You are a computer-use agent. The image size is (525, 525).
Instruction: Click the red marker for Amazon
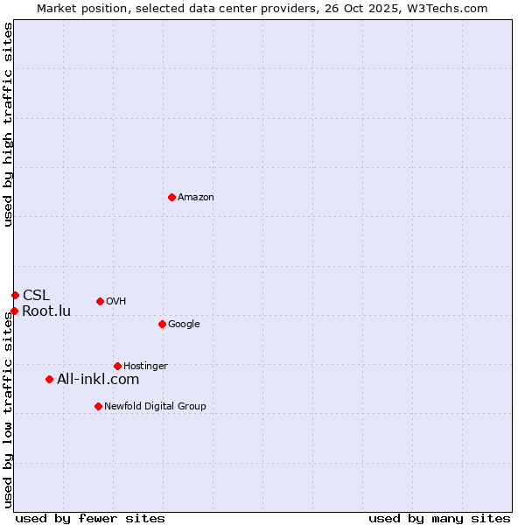(171, 197)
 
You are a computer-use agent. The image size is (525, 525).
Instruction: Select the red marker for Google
(162, 324)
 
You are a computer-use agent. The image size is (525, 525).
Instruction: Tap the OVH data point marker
(100, 301)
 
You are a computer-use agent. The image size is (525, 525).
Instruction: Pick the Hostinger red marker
(117, 366)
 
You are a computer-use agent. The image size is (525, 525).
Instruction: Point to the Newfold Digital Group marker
(98, 406)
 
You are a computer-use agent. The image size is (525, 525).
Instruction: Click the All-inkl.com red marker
(49, 379)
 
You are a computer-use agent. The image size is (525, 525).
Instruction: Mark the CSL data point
(15, 295)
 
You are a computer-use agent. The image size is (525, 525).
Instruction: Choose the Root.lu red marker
(14, 311)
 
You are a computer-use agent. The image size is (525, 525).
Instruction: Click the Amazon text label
(196, 198)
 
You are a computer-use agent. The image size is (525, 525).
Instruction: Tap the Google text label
(184, 325)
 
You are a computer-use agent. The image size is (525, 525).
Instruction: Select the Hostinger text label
(145, 367)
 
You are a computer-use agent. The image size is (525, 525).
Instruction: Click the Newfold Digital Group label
(155, 407)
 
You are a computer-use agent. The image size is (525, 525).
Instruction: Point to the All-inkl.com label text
(98, 379)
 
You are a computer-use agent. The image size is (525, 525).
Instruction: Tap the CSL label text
(37, 295)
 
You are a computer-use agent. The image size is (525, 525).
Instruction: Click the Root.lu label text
(46, 311)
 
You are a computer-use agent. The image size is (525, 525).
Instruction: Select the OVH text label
(116, 302)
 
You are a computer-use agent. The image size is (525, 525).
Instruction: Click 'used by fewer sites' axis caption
(90, 518)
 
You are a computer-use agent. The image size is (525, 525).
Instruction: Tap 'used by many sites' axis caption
(439, 518)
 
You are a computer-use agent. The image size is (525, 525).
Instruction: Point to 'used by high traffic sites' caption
(8, 124)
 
